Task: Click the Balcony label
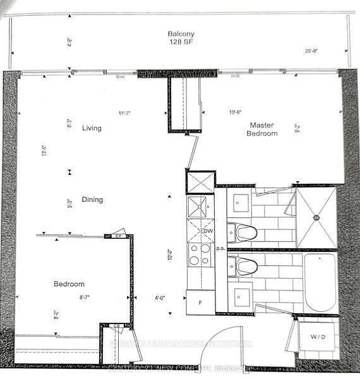180,33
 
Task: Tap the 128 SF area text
180,43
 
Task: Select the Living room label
92,128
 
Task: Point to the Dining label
92,200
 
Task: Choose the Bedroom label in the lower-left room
69,284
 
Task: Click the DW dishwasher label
208,231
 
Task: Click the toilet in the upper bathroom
243,233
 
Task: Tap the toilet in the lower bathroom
243,265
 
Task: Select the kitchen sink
200,207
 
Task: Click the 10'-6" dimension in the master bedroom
236,113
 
